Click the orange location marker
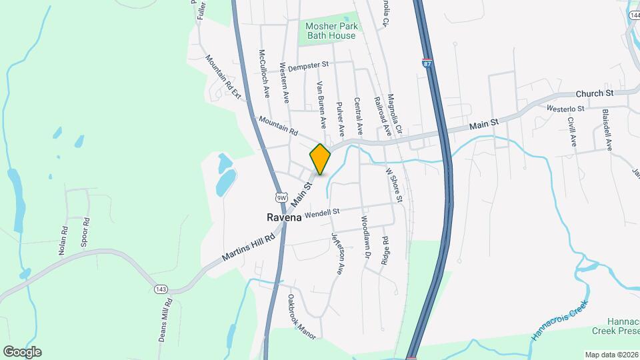pos(320,159)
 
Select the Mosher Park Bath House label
pos(331,31)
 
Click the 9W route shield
pos(281,197)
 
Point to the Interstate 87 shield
pos(427,63)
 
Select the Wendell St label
pos(322,213)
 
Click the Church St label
pos(594,93)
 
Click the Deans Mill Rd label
pos(166,321)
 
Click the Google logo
pos(22,351)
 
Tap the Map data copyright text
pos(610,355)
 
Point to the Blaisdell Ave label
pos(607,129)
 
